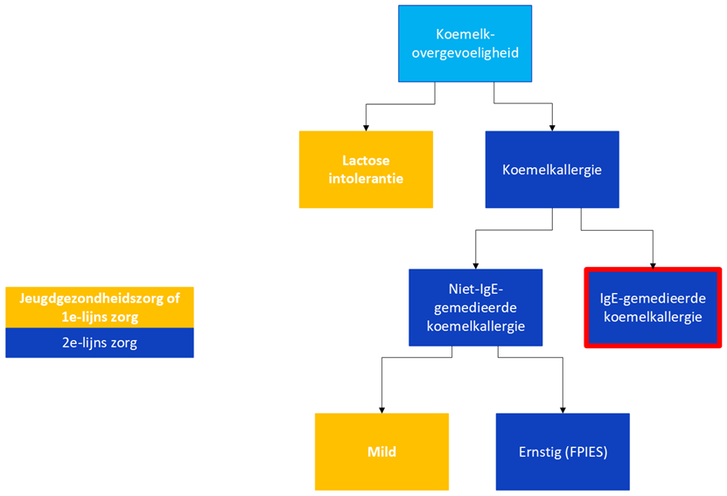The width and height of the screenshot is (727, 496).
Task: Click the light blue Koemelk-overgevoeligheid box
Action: click(465, 44)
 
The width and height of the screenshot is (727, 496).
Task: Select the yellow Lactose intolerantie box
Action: click(366, 169)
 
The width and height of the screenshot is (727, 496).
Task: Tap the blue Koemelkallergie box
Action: click(552, 169)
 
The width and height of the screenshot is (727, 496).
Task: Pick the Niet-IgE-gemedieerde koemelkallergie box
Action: click(476, 307)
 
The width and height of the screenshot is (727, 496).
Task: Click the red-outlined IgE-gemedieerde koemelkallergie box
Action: click(653, 307)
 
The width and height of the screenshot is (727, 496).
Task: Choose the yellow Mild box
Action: click(381, 451)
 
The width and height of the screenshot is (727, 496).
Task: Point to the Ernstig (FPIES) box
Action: click(563, 451)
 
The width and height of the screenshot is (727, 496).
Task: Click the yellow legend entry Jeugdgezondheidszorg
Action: click(100, 307)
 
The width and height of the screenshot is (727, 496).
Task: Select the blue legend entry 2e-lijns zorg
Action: click(100, 343)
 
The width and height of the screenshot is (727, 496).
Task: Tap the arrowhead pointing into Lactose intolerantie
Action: click(366, 128)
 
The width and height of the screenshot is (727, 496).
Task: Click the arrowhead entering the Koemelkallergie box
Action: click(552, 128)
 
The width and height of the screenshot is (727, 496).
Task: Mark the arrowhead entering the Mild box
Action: click(381, 410)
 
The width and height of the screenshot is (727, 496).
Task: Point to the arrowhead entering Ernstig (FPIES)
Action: click(563, 410)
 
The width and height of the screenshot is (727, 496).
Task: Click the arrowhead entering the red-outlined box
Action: click(653, 266)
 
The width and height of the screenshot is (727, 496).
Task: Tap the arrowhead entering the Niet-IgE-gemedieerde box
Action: click(476, 266)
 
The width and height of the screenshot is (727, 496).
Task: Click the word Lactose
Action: click(366, 160)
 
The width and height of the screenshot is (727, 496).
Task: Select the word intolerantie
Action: click(366, 178)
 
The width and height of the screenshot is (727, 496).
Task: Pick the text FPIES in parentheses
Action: click(586, 452)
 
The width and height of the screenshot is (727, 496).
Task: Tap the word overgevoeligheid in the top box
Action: click(465, 52)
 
